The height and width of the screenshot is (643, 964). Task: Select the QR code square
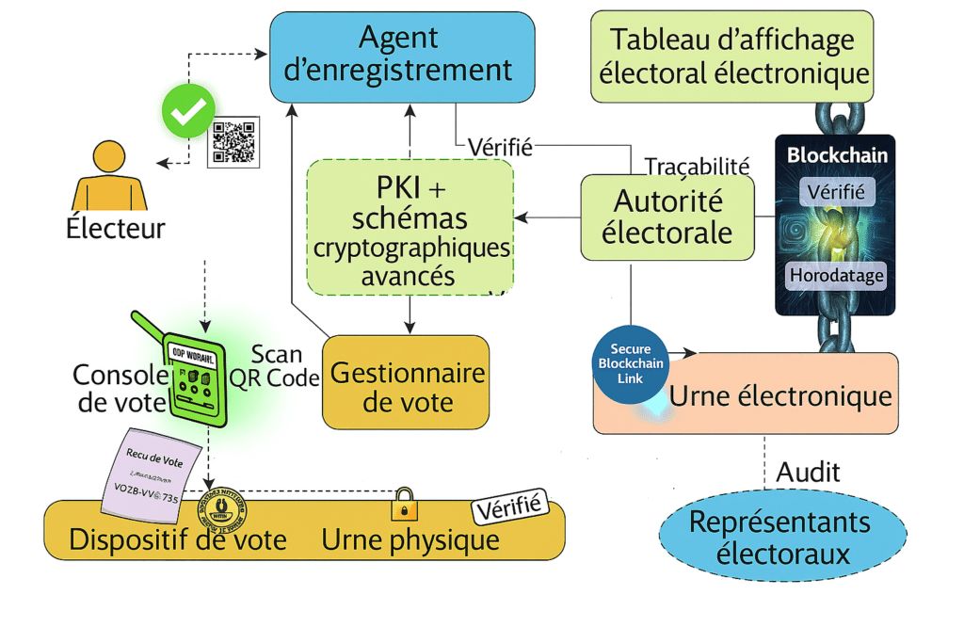pyautogui.click(x=233, y=142)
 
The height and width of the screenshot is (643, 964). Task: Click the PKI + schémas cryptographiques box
pyautogui.click(x=410, y=226)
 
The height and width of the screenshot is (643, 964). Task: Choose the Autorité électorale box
pyautogui.click(x=667, y=217)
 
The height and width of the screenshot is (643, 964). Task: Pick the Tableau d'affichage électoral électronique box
pyautogui.click(x=731, y=56)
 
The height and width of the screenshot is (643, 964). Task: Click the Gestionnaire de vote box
pyautogui.click(x=407, y=387)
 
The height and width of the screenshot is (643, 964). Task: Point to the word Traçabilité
pyautogui.click(x=697, y=166)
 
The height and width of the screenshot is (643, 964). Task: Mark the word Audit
pyautogui.click(x=808, y=472)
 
